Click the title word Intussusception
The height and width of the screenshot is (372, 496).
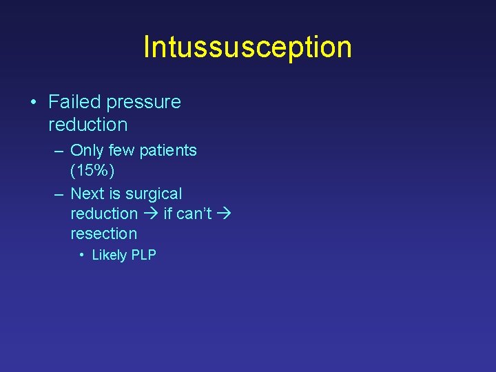(247, 47)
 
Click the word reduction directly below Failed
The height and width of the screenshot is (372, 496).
(88, 125)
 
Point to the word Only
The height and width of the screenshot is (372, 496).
(87, 150)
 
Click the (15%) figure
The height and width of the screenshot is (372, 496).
(92, 169)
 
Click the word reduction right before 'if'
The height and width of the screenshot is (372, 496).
(104, 214)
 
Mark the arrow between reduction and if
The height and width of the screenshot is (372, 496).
(150, 214)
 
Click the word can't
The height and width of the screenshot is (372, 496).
(194, 214)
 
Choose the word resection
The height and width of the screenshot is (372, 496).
(104, 234)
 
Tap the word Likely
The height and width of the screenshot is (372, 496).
(110, 255)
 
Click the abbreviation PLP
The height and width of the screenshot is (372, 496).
(144, 255)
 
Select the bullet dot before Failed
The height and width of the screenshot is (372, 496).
(34, 103)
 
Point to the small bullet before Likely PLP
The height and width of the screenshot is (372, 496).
(81, 255)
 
